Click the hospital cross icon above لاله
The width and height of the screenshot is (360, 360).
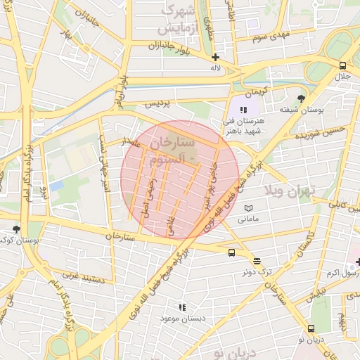tap(215, 57)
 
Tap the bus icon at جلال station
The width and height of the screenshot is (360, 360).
tap(340, 65)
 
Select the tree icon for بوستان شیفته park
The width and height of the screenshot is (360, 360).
tap(302, 98)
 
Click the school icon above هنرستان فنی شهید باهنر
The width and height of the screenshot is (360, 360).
tap(243, 110)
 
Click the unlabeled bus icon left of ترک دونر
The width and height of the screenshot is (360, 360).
tap(231, 253)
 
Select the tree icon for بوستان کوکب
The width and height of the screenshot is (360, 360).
tap(17, 229)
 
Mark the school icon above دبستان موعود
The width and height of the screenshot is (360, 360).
tap(182, 307)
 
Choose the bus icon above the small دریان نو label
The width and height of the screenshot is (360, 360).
tap(311, 328)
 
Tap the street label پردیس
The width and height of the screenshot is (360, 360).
tap(157, 103)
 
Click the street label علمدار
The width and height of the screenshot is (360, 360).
tap(133, 142)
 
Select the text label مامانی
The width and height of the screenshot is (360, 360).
tap(247, 220)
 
